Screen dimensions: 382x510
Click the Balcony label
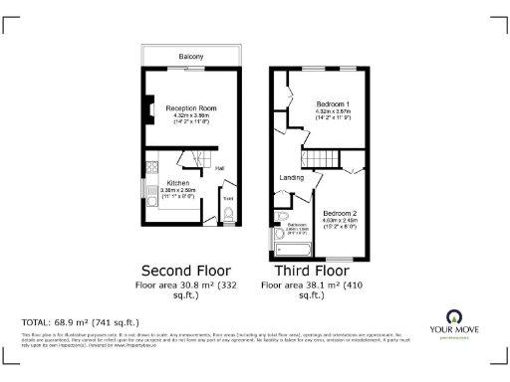click(191, 57)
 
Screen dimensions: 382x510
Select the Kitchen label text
click(178, 183)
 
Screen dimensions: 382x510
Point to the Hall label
click(218, 167)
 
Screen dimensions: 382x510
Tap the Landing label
click(291, 178)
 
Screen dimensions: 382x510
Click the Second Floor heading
click(186, 270)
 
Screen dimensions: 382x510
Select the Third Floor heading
click(306, 270)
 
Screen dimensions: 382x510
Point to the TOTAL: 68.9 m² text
click(80, 323)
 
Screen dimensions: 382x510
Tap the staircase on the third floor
click(320, 159)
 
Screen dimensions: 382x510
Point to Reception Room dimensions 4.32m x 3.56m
click(191, 115)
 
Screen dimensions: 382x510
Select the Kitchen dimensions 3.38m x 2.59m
click(180, 191)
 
